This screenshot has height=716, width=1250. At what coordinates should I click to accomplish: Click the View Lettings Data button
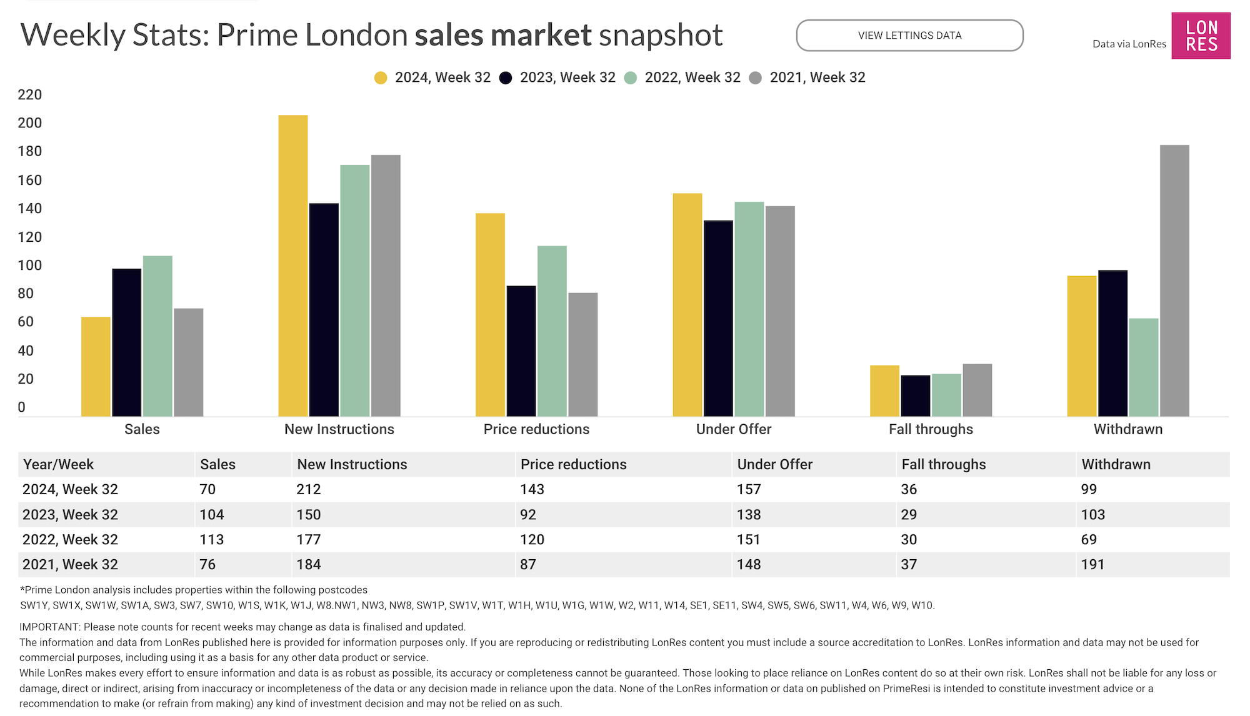pos(909,36)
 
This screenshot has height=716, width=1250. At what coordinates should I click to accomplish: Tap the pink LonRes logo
pos(1201,36)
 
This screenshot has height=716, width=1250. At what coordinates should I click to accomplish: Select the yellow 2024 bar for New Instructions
pos(293,266)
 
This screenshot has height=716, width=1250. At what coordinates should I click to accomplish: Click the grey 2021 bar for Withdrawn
pos(1174,281)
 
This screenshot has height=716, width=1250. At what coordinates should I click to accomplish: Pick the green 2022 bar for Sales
pos(157,336)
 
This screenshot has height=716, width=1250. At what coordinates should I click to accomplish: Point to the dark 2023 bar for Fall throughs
pos(916,395)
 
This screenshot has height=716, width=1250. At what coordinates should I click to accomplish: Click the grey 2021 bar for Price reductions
pos(582,354)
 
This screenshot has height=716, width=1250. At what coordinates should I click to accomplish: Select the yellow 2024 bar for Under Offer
pos(687,304)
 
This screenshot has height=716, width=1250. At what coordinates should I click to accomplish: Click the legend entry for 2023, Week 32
pos(557,77)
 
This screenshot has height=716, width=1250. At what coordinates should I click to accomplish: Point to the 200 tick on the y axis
pos(29,123)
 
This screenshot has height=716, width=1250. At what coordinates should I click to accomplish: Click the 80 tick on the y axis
pos(26,294)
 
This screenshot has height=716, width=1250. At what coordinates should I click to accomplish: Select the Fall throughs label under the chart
pos(931,429)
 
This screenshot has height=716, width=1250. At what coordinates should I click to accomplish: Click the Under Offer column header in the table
pos(774,464)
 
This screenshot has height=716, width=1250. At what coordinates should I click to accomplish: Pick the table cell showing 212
pos(309,489)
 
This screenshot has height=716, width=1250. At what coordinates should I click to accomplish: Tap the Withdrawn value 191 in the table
pos(1092,564)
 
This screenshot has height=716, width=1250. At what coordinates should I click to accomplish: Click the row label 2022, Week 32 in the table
pos(70,539)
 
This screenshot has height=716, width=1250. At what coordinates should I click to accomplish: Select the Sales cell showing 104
pos(212,514)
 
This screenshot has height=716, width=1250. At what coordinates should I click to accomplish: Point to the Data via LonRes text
pos(1129,44)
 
